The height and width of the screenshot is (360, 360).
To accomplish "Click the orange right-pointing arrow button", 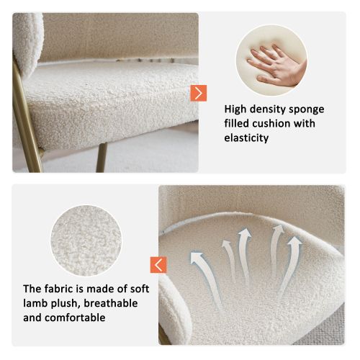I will pos(199,93).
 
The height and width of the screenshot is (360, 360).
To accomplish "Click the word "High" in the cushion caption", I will pos(237,109).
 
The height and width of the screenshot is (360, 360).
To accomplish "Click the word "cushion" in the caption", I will pos(275,124).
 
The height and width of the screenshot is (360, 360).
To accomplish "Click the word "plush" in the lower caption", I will pos(71,303).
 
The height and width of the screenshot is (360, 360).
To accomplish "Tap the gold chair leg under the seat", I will pos(101,157).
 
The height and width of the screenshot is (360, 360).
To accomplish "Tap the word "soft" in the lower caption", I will pos(138,289).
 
